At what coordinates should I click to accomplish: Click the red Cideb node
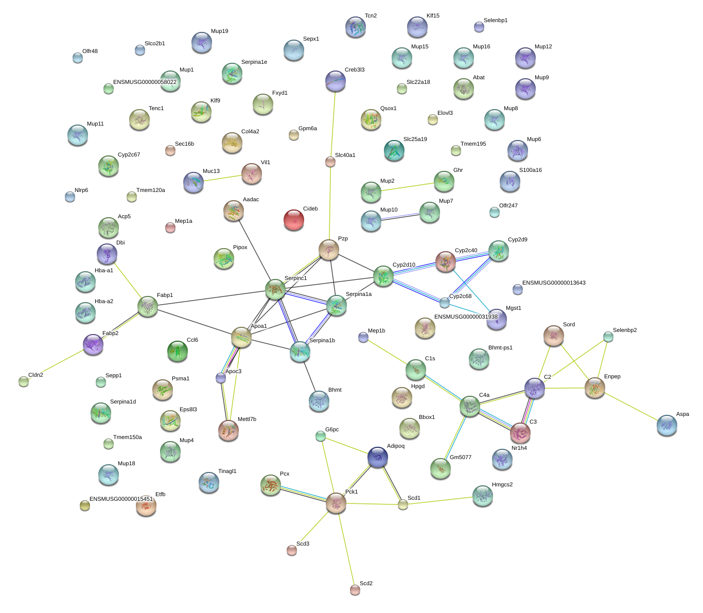tap(294, 220)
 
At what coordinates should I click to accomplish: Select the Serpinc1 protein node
tap(275, 290)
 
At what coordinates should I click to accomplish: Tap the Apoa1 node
tap(241, 337)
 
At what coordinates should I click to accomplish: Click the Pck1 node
tap(336, 503)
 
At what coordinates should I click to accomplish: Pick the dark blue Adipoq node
tap(378, 457)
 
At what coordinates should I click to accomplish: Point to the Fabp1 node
tap(148, 306)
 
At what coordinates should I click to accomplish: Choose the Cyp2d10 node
tap(383, 276)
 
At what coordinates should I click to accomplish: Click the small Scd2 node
tap(355, 589)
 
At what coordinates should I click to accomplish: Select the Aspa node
tap(666, 426)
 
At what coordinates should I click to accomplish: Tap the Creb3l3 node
tap(335, 81)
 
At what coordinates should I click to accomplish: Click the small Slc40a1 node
tap(330, 162)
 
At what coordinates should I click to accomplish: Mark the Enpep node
tap(595, 388)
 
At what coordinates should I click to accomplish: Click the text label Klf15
tap(433, 16)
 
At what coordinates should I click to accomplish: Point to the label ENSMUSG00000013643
tap(553, 283)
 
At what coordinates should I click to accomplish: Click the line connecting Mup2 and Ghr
tap(407, 187)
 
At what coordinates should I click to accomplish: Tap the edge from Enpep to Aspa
tap(631, 407)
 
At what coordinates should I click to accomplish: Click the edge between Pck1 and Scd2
tap(345, 546)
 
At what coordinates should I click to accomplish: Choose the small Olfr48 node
tap(77, 58)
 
